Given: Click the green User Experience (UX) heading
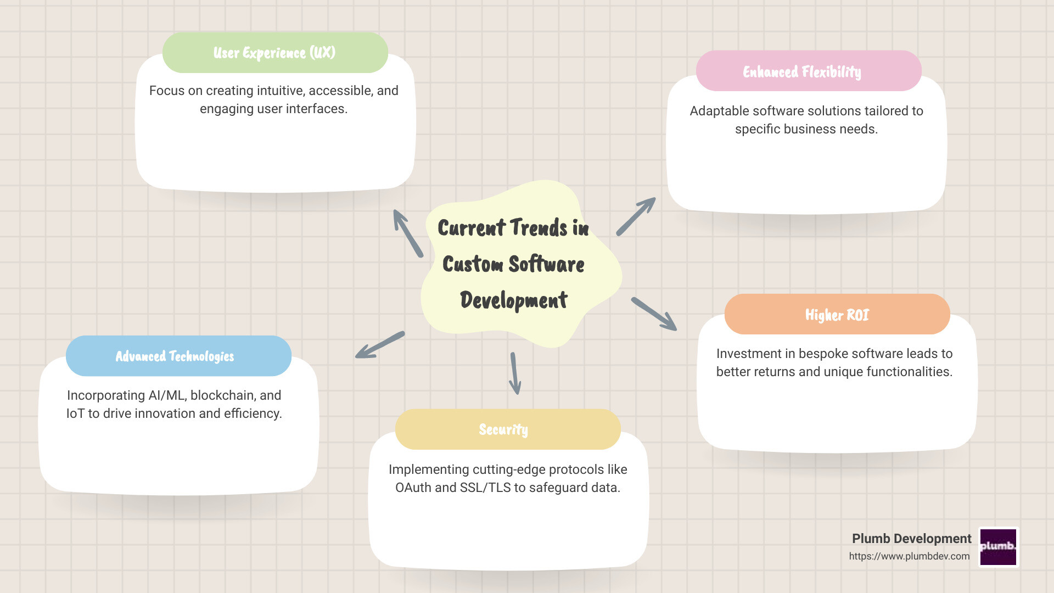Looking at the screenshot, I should [x=274, y=53].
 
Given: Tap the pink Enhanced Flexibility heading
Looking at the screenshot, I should [x=802, y=72].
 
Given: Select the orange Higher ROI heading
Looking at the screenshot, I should [x=837, y=315].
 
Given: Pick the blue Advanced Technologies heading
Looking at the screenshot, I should [x=175, y=356].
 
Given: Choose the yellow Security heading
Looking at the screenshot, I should [x=503, y=429].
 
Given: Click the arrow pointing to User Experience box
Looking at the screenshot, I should [x=407, y=233].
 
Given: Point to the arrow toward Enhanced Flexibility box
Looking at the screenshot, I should [x=636, y=216].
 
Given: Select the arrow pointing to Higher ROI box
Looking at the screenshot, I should [x=654, y=314].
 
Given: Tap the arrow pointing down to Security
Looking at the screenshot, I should [x=515, y=373].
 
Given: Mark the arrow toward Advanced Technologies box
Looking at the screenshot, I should [x=380, y=345].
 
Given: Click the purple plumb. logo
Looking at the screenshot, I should [x=999, y=547].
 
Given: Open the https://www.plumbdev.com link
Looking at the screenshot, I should [x=909, y=556].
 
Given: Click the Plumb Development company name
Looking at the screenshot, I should [x=911, y=539].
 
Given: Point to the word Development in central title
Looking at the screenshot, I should [x=514, y=300].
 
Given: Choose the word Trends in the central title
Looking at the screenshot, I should [x=539, y=228].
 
